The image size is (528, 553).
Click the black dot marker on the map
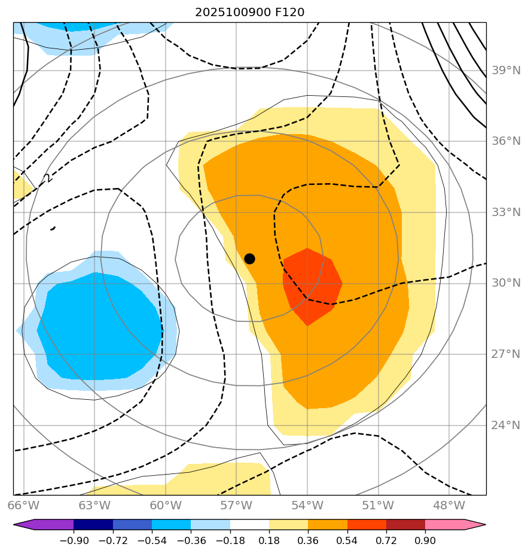tap(249, 259)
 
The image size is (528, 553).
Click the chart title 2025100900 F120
tap(254, 13)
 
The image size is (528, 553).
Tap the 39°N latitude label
tap(506, 71)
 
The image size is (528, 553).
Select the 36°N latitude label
tap(506, 141)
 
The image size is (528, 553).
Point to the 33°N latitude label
tap(506, 212)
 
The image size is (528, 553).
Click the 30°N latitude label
tap(506, 283)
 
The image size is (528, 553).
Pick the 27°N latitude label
tap(506, 354)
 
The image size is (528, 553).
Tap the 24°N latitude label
tap(506, 425)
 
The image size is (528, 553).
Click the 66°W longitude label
tap(24, 505)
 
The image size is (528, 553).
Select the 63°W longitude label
tap(94, 505)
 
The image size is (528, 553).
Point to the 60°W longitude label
tap(166, 505)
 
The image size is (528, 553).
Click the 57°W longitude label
tap(236, 505)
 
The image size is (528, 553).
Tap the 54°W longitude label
tap(307, 505)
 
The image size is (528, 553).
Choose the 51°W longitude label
tap(378, 505)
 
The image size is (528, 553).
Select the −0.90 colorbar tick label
tap(74, 541)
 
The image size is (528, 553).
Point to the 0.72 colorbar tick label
tap(386, 541)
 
